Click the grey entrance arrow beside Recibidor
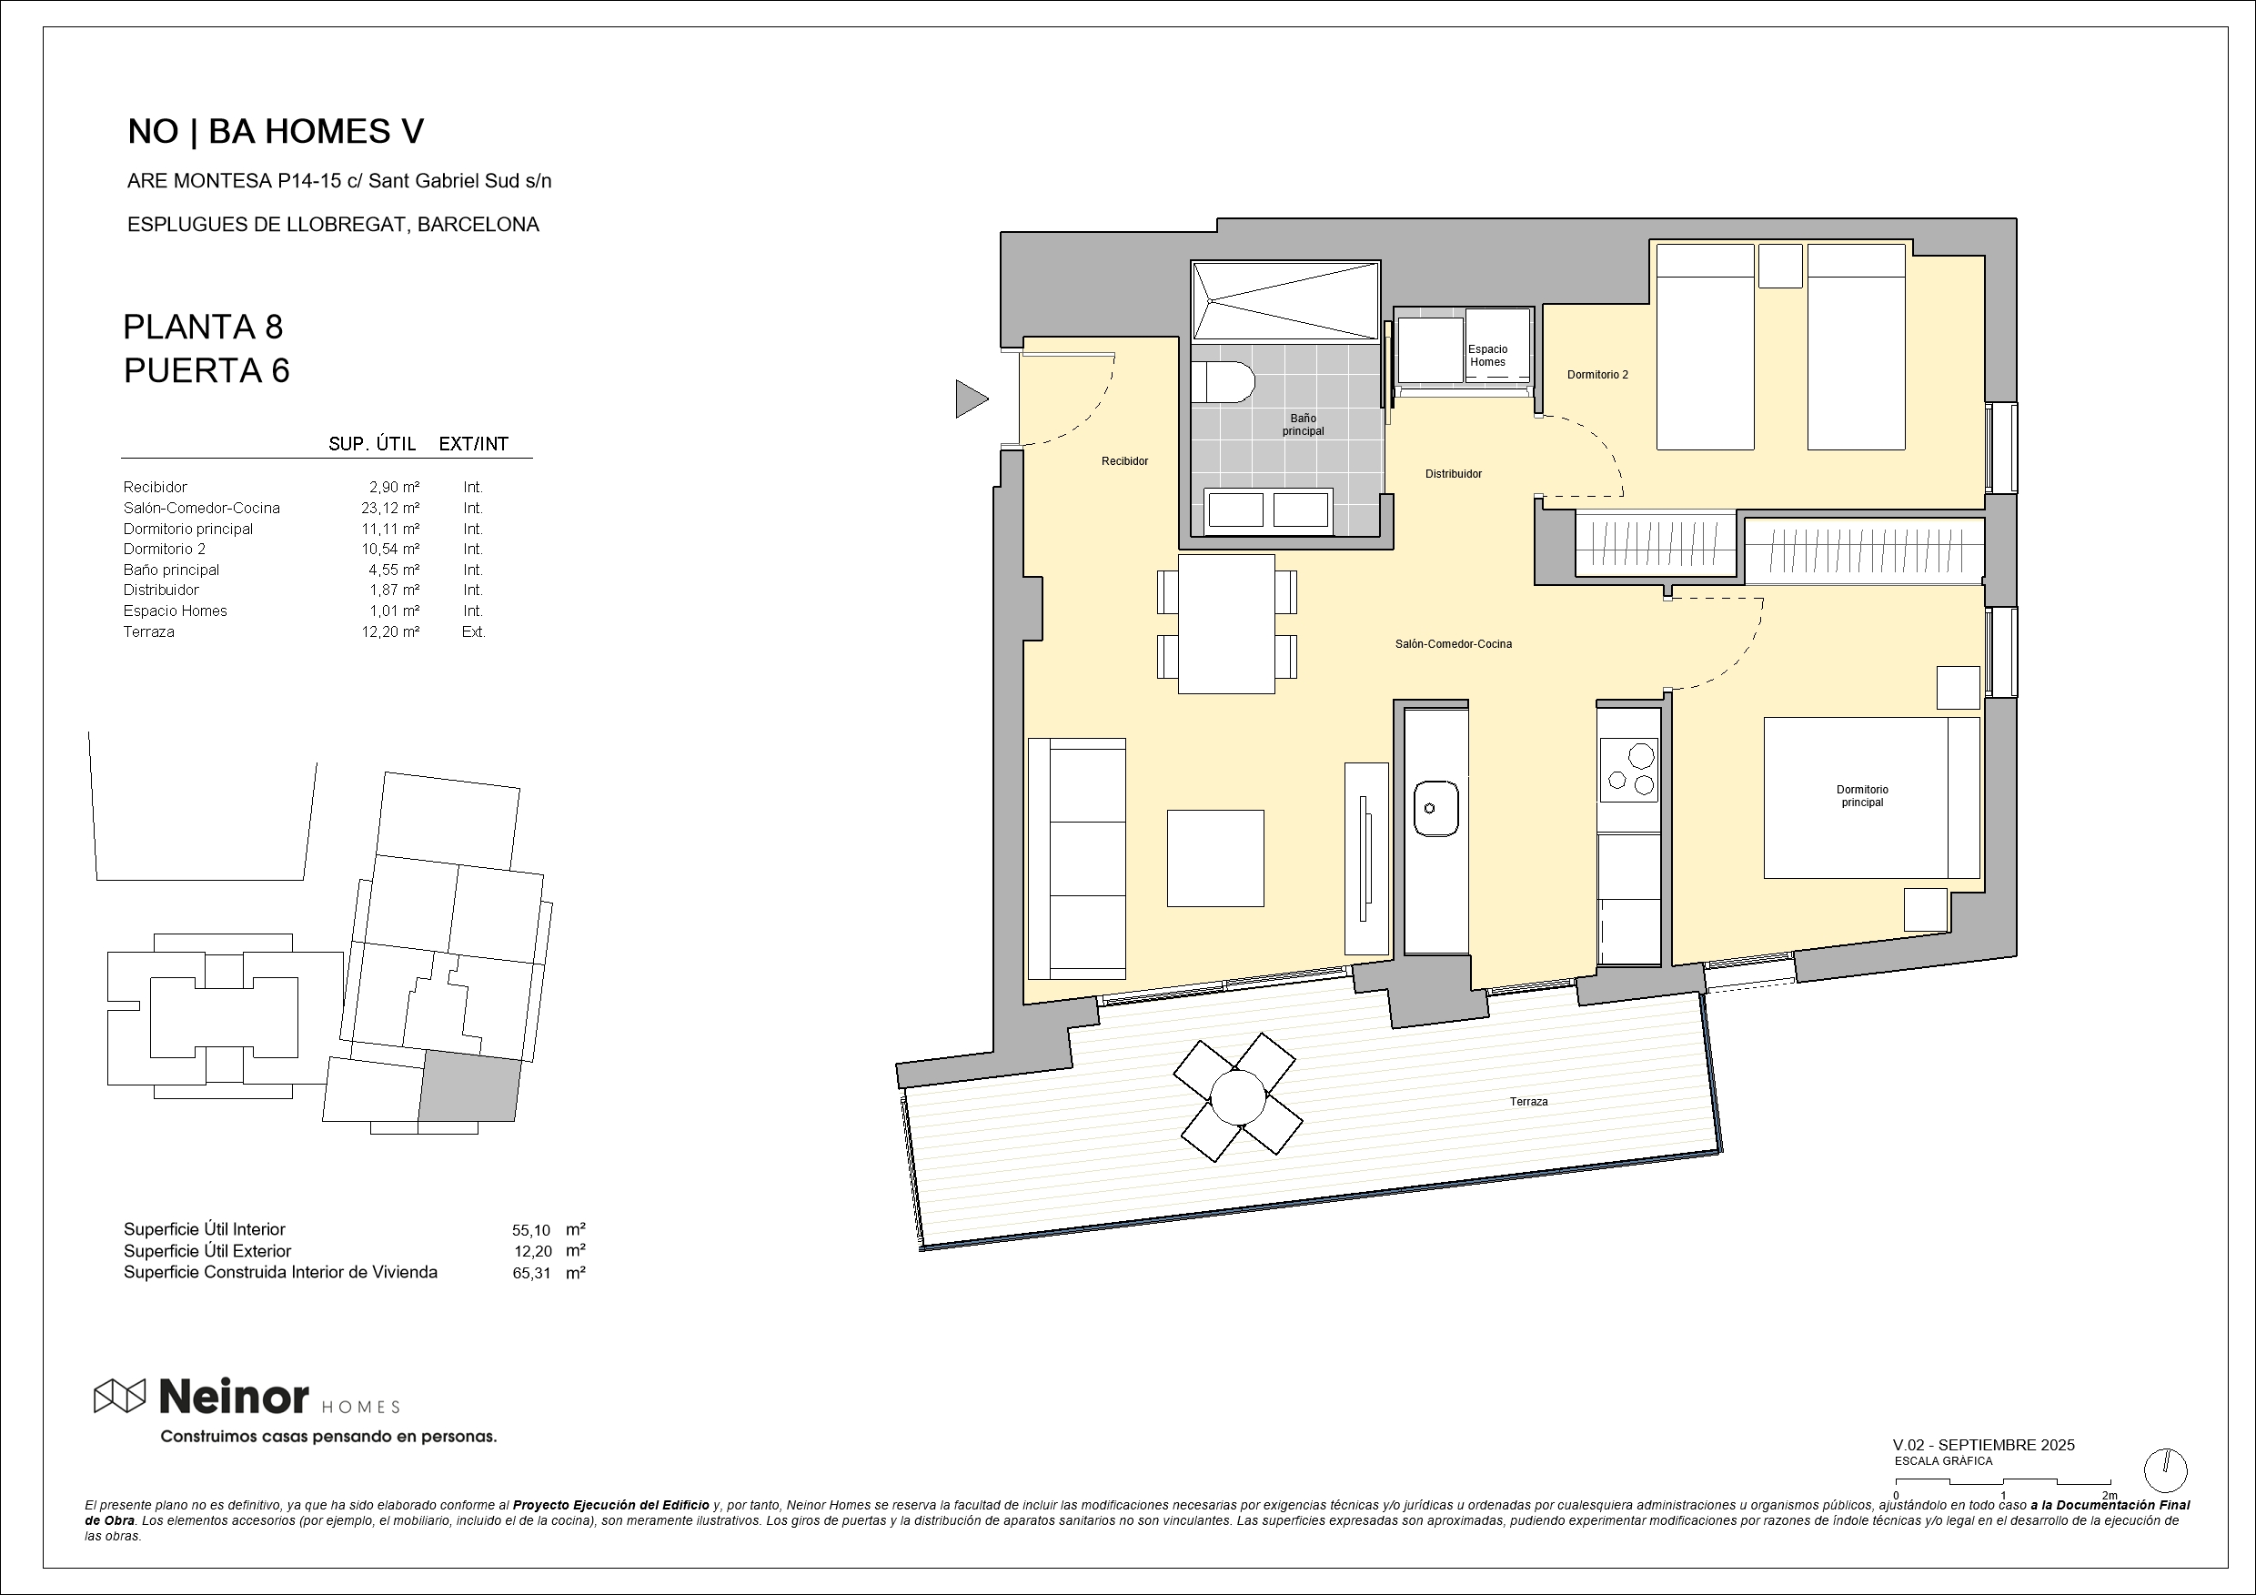click(971, 399)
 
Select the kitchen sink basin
click(1435, 808)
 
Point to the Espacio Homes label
click(1487, 356)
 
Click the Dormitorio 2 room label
click(1597, 375)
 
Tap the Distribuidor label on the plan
click(1454, 474)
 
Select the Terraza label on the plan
click(1528, 1102)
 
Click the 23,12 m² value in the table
click(390, 508)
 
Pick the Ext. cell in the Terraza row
click(474, 632)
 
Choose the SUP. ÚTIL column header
click(371, 444)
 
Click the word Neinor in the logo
click(234, 1396)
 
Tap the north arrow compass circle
click(2165, 1471)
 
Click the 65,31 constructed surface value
click(531, 1274)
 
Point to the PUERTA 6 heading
click(206, 370)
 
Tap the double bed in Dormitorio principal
click(1871, 798)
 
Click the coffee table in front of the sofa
click(1215, 858)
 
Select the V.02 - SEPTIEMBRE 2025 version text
click(1984, 1445)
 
